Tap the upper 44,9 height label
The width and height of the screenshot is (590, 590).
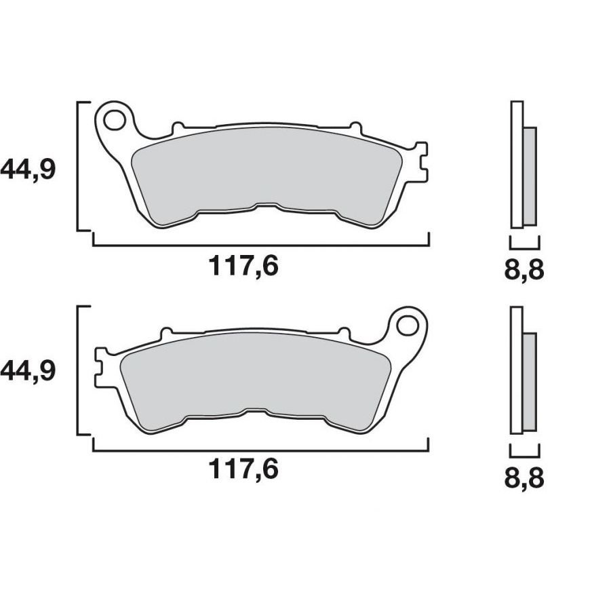click(28, 169)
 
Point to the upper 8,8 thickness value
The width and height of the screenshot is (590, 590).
click(524, 271)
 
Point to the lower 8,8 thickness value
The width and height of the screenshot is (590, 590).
click(524, 479)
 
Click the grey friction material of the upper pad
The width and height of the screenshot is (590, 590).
click(271, 170)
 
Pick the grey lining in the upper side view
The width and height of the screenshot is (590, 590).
click(530, 176)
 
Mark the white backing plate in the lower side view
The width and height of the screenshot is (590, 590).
click(517, 370)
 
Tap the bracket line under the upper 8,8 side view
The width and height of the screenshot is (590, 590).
click(524, 248)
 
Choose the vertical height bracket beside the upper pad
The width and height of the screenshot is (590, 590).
click(81, 166)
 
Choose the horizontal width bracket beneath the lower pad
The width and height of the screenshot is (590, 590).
click(261, 449)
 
